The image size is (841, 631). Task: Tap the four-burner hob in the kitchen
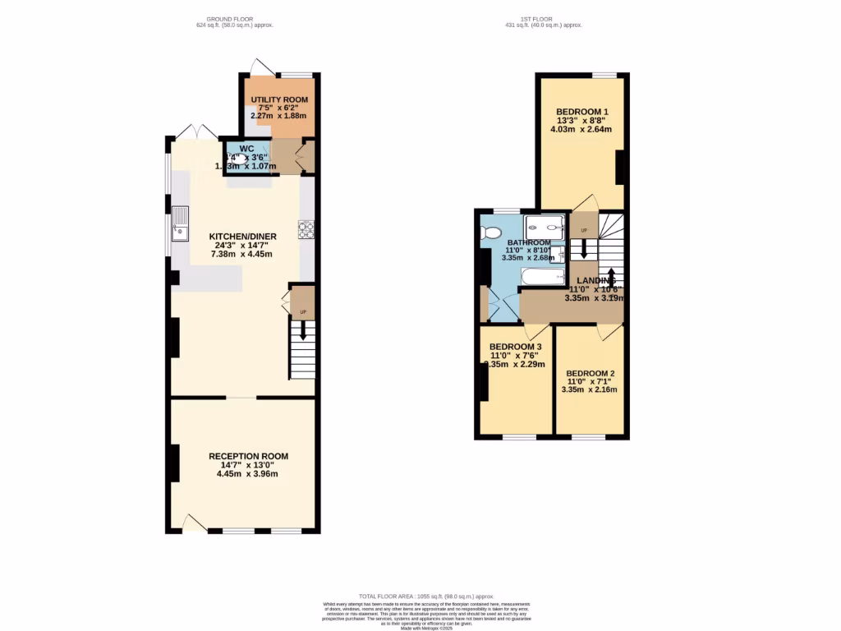pos(306,230)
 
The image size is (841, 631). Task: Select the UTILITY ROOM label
pos(278,99)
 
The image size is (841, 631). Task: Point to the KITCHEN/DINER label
pos(242,237)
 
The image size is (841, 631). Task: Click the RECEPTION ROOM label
pos(248,456)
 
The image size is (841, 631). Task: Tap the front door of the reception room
pos(195,523)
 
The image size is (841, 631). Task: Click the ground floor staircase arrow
pos(303,329)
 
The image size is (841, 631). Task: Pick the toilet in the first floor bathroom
pos(492,233)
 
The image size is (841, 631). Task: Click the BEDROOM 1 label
pos(582,112)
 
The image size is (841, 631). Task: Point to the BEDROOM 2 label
pos(590,373)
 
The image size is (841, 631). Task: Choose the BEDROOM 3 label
pos(515,347)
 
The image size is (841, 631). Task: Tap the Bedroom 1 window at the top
pos(604,75)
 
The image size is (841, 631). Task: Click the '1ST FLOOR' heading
pos(543,19)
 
